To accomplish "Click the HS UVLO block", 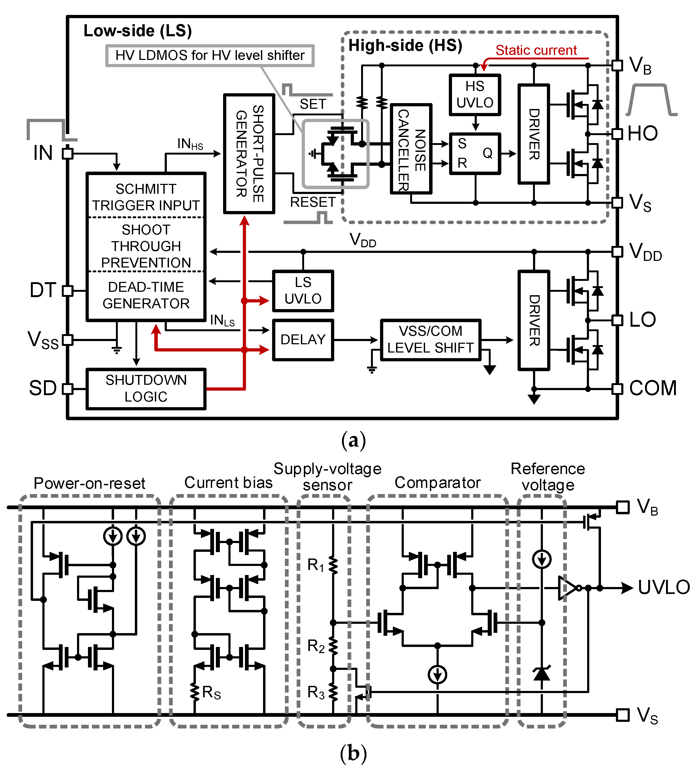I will [475, 95].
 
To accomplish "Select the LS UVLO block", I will [303, 291].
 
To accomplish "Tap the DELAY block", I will [303, 340].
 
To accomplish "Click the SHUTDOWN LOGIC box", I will [146, 389].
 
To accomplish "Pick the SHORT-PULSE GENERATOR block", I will [249, 153].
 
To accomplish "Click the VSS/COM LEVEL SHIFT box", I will [430, 340].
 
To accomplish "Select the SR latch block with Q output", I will [475, 153].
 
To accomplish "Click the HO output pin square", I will [617, 133].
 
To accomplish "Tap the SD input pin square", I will [67, 389].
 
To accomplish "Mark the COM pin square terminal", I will [617, 389].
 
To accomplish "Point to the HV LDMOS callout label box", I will [210, 56].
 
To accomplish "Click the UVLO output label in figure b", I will [663, 588].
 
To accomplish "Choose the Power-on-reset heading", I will [89, 483].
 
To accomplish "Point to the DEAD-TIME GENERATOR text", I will [146, 295].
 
